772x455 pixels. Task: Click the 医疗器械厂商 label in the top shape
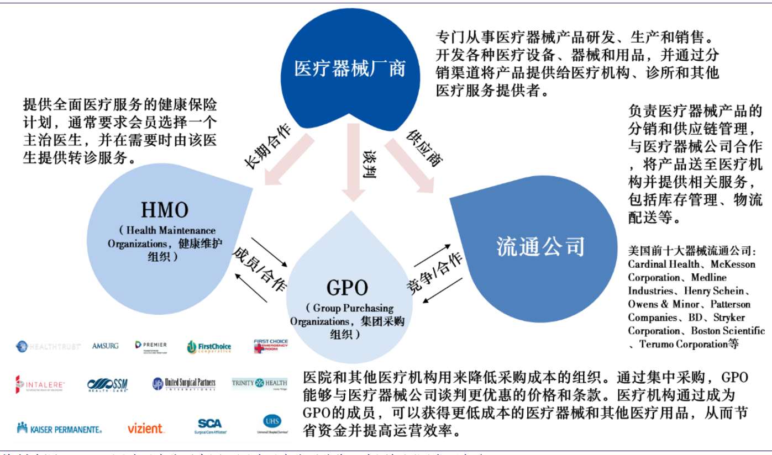(350, 68)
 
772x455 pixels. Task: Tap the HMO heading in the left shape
(164, 210)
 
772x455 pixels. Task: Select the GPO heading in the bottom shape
(347, 288)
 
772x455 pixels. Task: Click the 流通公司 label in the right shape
(540, 246)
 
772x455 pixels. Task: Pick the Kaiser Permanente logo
(59, 428)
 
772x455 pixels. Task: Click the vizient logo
(146, 428)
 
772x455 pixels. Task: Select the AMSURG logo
(106, 346)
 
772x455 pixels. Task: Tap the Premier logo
(151, 346)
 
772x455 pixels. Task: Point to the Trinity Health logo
(260, 383)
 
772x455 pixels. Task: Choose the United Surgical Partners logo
(184, 383)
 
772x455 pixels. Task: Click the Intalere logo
(40, 384)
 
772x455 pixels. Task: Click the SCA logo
(210, 425)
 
